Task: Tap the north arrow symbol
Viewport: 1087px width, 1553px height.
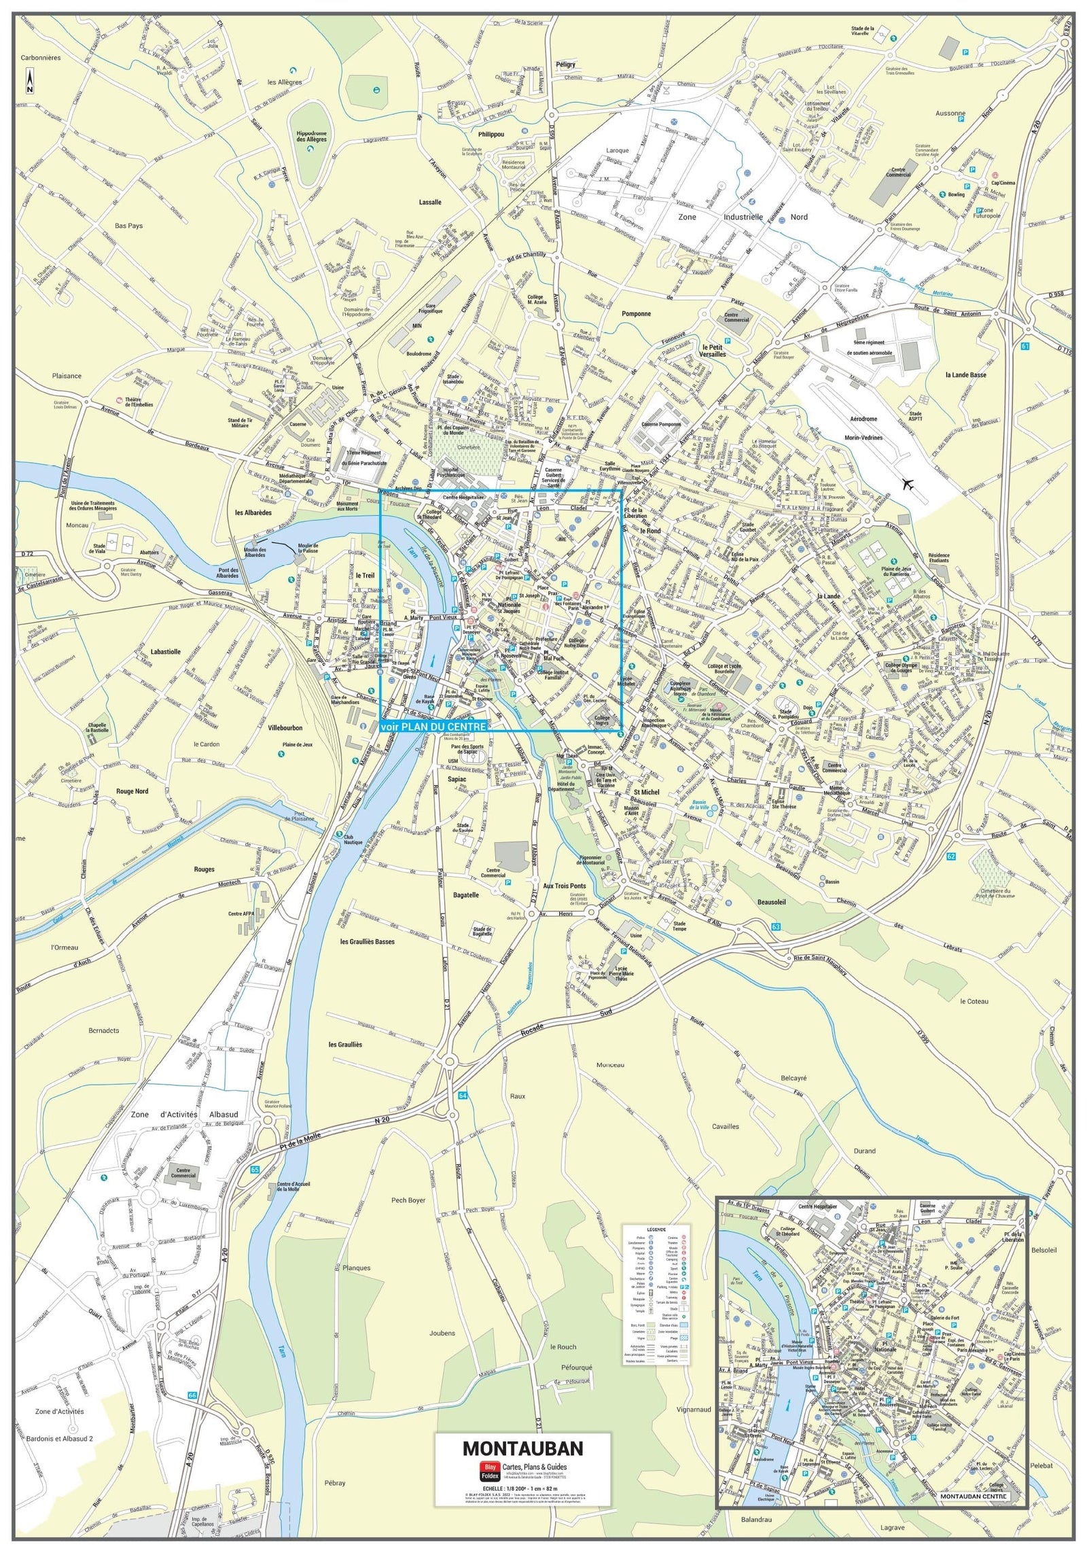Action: pos(30,82)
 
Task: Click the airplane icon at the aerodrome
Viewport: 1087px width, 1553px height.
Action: pos(907,484)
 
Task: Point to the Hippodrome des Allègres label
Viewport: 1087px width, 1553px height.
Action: pos(310,136)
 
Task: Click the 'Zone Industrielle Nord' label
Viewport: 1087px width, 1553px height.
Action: pos(744,217)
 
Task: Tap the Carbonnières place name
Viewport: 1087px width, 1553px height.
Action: pos(40,58)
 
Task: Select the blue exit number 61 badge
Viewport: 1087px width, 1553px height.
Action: pos(1025,346)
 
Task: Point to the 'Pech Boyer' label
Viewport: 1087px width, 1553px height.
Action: pos(408,1200)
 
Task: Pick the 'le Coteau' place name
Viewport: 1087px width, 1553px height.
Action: pos(974,1001)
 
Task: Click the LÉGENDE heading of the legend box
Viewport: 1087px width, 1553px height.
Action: pos(656,1229)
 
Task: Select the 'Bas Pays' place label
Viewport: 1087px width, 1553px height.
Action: pos(128,226)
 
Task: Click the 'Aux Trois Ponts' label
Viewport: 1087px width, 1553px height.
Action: pos(564,886)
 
